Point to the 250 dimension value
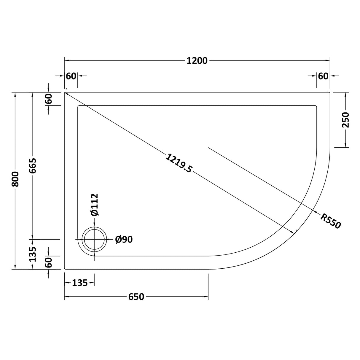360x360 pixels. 346,120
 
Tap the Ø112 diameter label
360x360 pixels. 94,205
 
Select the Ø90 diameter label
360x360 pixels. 124,239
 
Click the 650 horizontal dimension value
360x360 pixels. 136,297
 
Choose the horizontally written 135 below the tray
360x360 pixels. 80,283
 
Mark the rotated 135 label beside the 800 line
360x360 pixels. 33,254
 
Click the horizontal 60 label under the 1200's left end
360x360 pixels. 71,76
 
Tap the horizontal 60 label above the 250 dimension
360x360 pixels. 323,76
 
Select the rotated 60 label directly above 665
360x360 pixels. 49,99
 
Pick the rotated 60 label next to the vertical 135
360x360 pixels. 49,262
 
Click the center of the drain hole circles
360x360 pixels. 94,239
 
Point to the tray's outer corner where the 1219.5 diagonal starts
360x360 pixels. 65,93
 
